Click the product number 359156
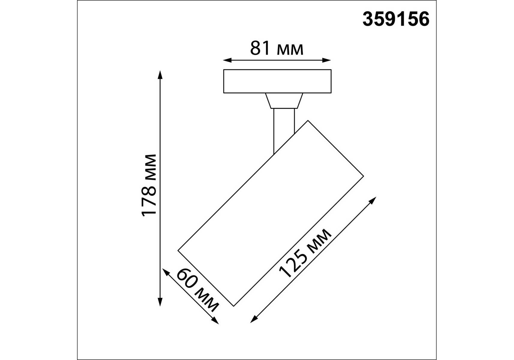396,19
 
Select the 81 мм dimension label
277,48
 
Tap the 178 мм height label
149,185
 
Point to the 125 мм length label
305,253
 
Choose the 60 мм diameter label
198,290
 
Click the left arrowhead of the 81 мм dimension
227,60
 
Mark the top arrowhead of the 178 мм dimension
160,75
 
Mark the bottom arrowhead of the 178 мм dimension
160,302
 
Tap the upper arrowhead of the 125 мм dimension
373,200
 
